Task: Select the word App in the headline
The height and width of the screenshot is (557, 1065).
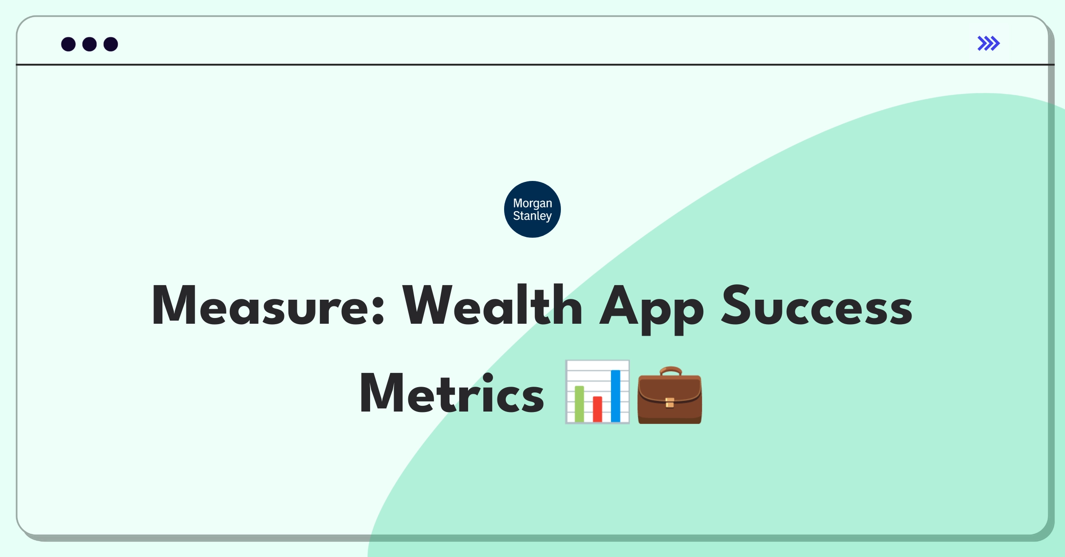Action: (x=651, y=310)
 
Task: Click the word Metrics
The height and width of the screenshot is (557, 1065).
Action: (x=452, y=392)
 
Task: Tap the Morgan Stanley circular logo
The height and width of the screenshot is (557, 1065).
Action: (x=532, y=209)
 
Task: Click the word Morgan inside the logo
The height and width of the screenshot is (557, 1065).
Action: (x=532, y=204)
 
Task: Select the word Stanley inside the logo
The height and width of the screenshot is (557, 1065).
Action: (x=532, y=216)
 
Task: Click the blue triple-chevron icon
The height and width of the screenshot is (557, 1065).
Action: (x=989, y=43)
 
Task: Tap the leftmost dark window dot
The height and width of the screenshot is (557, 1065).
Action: (x=68, y=44)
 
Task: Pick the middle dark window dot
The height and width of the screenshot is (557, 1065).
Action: (x=90, y=44)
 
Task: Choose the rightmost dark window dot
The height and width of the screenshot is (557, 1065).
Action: (x=111, y=44)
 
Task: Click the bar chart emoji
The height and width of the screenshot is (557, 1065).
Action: (x=597, y=392)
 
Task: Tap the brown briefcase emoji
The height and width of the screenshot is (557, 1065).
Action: (x=670, y=395)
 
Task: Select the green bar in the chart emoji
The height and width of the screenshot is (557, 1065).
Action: (x=580, y=404)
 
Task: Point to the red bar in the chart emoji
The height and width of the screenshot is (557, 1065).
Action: (x=597, y=409)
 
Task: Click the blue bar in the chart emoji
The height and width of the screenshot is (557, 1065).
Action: (x=615, y=396)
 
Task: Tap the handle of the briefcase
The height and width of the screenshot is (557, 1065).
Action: (x=671, y=371)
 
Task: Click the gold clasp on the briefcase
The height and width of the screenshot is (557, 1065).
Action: (x=670, y=402)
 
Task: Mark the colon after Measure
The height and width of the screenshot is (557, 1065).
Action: (x=378, y=309)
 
